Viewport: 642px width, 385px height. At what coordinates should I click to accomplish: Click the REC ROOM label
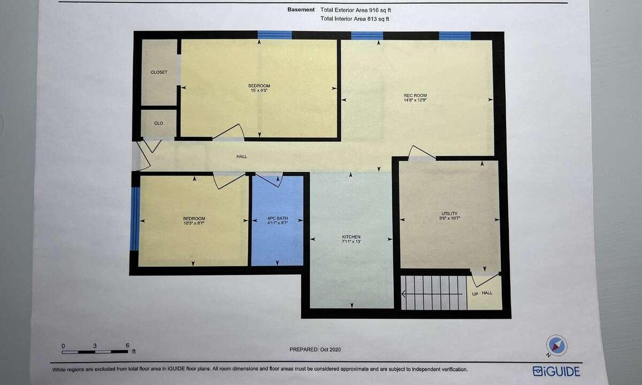coord(415,95)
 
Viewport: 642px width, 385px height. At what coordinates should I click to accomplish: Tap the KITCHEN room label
coord(351,237)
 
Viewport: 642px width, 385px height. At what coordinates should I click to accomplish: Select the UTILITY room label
coord(449,213)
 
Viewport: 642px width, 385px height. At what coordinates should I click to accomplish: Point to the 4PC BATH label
coord(278,218)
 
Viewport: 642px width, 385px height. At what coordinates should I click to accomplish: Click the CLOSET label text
coord(159,72)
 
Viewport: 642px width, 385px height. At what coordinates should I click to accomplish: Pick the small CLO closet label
coord(158,123)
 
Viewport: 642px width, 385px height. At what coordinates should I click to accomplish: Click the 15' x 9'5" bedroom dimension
coord(259,90)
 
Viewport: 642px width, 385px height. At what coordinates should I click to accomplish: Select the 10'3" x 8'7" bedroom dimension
coord(194,223)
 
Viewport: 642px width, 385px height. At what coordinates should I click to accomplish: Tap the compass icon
coord(556,346)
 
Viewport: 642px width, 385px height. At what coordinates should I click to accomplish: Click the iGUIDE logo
coord(556,372)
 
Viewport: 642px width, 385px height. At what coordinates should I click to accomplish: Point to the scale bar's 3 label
coord(95,346)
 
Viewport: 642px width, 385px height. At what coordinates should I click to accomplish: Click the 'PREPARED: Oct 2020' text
coord(315,350)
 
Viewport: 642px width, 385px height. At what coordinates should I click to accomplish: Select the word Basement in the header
coord(301,10)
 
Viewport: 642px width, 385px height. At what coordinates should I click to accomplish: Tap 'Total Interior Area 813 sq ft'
coord(355,19)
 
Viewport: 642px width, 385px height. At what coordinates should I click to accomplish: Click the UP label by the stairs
coord(475,294)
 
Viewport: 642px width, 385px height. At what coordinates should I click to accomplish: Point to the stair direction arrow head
coord(403,294)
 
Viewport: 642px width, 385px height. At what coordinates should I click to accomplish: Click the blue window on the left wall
coord(135,219)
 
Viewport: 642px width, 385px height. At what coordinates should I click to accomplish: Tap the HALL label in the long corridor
coord(242,156)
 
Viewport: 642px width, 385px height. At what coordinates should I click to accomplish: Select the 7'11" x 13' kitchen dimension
coord(351,242)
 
